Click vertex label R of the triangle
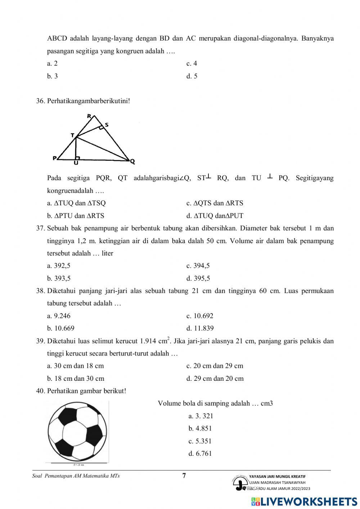click(89, 116)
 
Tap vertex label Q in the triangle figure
click(132, 162)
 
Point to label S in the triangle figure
click(107, 125)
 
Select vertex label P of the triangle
click(55, 158)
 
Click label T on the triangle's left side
click(72, 135)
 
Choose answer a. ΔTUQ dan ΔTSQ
click(76, 203)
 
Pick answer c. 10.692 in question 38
click(200, 316)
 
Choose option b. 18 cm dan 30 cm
click(76, 379)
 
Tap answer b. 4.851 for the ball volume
click(200, 429)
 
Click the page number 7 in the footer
click(184, 476)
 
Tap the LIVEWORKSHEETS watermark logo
click(304, 501)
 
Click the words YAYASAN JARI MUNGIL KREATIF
click(277, 476)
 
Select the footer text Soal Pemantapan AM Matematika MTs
click(76, 476)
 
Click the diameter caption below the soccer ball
click(78, 465)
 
